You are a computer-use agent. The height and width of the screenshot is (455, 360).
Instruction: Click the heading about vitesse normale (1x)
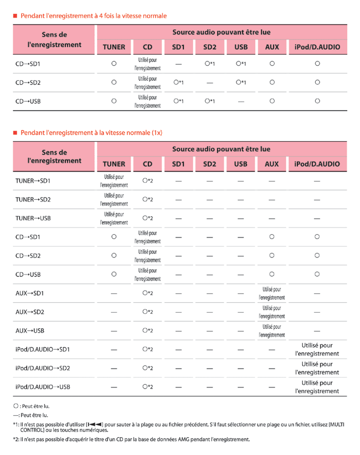91,133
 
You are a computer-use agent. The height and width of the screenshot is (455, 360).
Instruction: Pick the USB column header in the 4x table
240,47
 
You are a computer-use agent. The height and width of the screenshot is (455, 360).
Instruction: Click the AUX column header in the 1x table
271,164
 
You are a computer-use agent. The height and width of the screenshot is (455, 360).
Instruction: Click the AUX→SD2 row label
30,312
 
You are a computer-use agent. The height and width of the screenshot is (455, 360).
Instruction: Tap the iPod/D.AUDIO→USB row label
43,386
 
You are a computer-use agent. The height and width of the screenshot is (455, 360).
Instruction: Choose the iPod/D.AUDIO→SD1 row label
42,349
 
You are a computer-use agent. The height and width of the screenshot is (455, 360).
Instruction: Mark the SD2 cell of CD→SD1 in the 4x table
209,64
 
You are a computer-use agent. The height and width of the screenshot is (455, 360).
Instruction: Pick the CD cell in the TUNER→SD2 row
147,199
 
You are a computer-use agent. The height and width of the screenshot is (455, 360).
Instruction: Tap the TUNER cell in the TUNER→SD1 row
114,180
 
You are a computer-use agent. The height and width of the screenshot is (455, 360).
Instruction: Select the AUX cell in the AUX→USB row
271,330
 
